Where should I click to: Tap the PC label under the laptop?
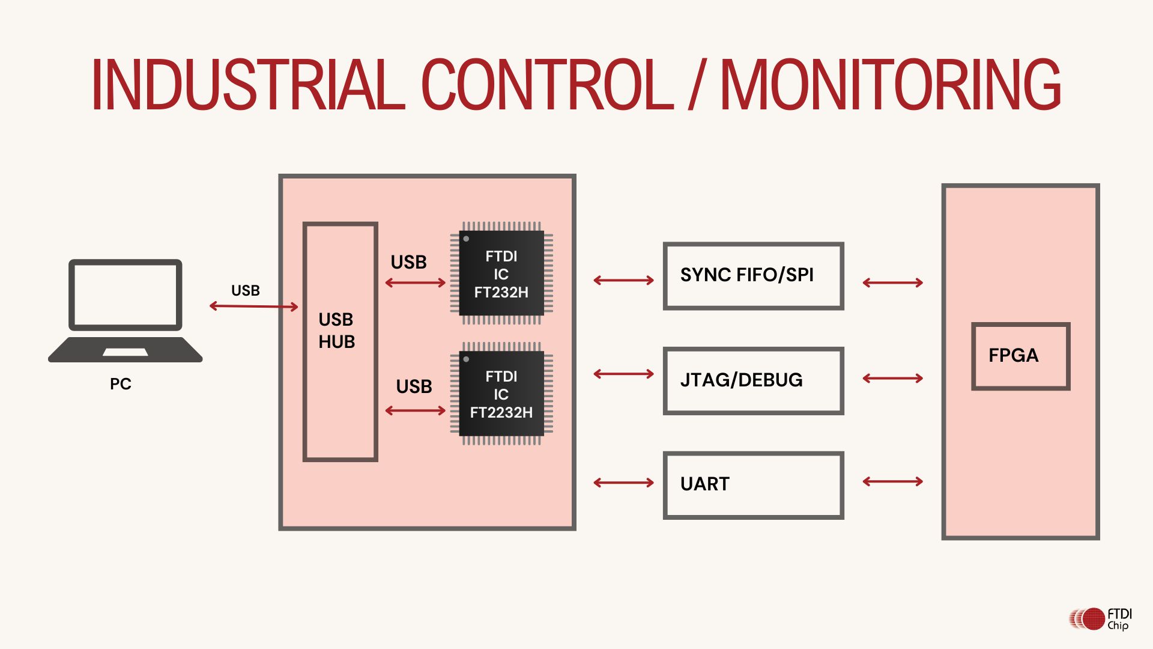pos(120,384)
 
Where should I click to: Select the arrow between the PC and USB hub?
pos(253,306)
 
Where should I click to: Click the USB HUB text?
pos(336,331)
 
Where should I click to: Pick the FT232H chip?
pos(501,274)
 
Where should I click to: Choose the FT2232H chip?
pos(501,394)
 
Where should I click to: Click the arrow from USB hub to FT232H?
pos(415,282)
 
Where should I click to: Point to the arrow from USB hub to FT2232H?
pos(415,411)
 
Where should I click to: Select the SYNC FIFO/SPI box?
pos(753,276)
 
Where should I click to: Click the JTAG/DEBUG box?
pos(753,380)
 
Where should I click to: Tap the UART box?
pos(753,485)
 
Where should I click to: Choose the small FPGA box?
pos(1020,356)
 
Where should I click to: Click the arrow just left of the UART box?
pos(623,483)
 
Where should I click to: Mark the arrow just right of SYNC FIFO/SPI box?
pos(892,282)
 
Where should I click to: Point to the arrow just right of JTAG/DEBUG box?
pos(892,379)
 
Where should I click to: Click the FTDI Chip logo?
pos(1100,619)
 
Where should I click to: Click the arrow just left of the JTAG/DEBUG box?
pos(623,374)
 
